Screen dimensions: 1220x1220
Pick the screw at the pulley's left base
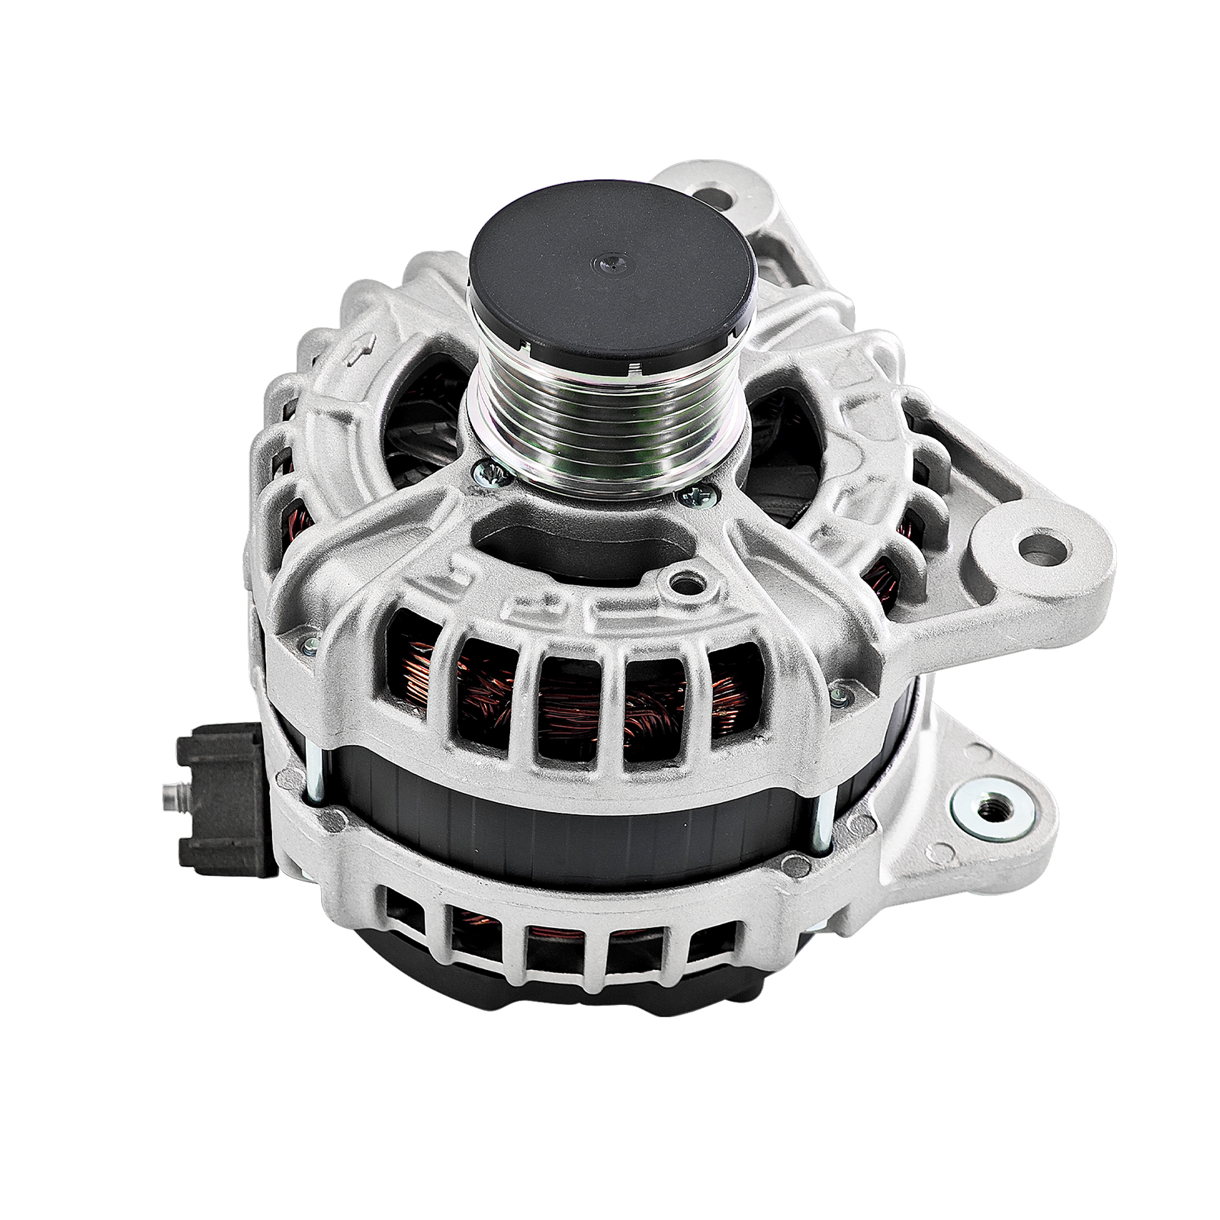(x=486, y=475)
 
